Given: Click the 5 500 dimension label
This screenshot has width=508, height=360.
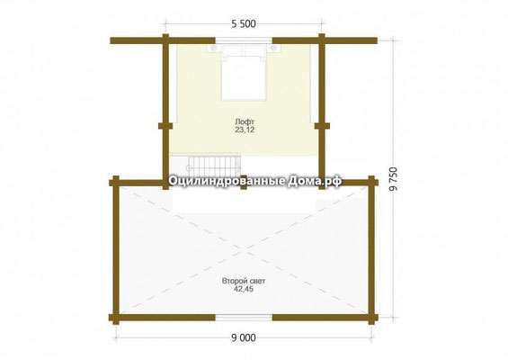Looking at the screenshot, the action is click(x=244, y=24).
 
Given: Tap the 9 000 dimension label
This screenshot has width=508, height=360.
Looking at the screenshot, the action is click(x=244, y=337).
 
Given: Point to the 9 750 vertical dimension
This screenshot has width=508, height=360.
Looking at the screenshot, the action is click(x=393, y=180).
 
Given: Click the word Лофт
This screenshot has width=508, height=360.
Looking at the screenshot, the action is click(x=245, y=121).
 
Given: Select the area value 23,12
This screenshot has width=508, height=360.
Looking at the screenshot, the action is click(x=245, y=130).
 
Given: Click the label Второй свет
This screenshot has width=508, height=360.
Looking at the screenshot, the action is click(x=244, y=281).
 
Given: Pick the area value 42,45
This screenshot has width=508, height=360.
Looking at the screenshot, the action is click(x=244, y=289).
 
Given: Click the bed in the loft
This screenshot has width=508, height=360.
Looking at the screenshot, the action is click(x=244, y=72).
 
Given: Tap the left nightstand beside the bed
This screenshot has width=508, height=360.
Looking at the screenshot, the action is click(x=214, y=49).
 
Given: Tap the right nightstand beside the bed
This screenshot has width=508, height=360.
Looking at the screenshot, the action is click(x=273, y=49).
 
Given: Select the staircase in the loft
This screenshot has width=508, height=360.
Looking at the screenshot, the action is click(x=205, y=165).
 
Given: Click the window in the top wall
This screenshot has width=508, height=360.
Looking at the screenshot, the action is click(x=244, y=40).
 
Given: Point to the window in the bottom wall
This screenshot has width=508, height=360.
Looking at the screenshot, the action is click(x=244, y=317).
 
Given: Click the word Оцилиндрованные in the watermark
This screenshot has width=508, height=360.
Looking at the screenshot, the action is click(x=227, y=181).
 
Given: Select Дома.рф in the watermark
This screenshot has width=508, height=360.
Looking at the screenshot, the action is click(x=315, y=181).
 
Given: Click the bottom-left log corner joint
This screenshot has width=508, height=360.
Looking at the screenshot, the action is click(x=116, y=317).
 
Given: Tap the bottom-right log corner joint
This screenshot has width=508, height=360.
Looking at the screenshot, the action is click(x=371, y=317).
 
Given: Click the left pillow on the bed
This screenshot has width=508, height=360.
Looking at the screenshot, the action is click(x=232, y=50).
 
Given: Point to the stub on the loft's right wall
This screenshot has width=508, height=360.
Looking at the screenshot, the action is click(x=322, y=125).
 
